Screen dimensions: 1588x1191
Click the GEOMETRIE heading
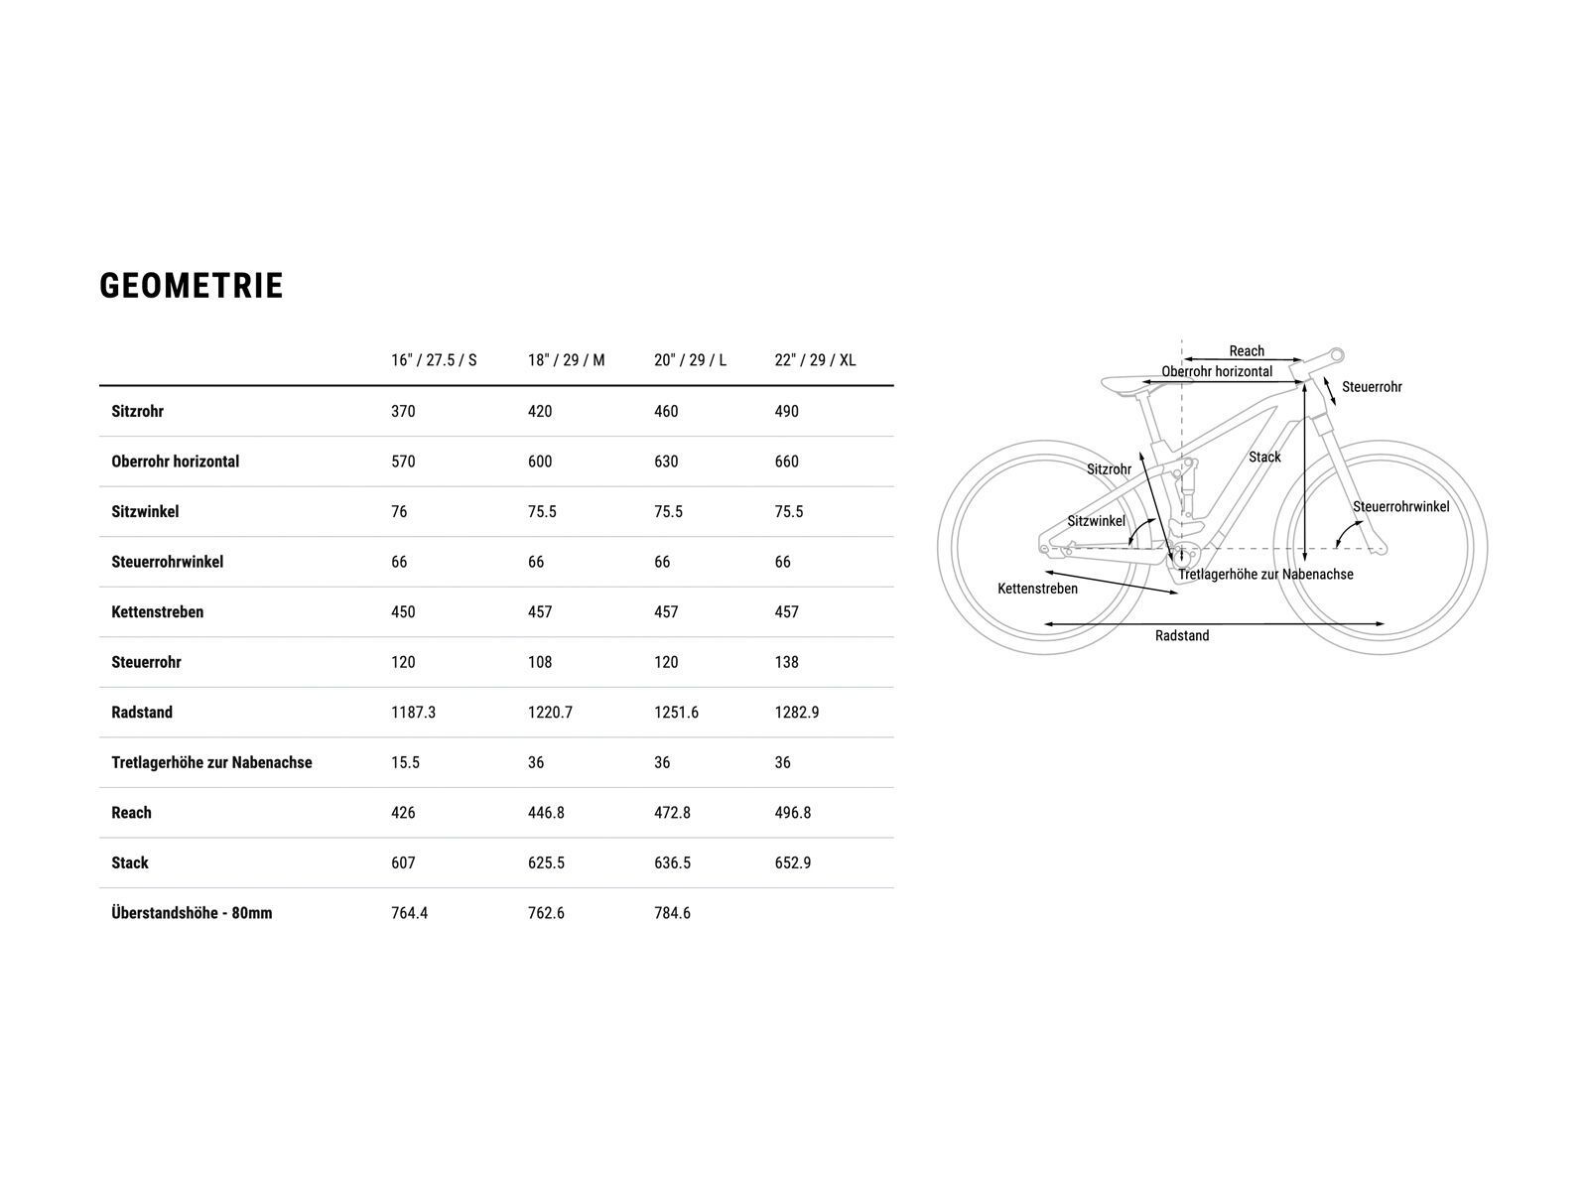tap(191, 286)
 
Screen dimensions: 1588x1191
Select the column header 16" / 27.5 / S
tap(434, 360)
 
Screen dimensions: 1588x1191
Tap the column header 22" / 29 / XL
tap(816, 360)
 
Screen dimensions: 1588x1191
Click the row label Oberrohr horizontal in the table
tap(175, 462)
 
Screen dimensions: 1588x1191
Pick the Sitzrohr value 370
tap(403, 412)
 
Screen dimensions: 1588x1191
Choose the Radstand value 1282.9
tap(797, 713)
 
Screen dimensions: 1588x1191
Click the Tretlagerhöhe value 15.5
tap(405, 762)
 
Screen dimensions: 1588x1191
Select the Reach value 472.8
tap(672, 813)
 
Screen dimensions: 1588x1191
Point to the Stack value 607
tap(403, 862)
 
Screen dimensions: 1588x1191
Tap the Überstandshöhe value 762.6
tap(546, 912)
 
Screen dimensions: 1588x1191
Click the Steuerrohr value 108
tap(540, 662)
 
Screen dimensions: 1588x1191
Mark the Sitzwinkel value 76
tap(399, 512)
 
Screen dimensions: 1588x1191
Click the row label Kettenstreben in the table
tap(157, 611)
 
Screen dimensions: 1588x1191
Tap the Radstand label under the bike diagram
tap(1182, 635)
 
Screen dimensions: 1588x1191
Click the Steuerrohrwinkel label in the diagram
tap(1401, 507)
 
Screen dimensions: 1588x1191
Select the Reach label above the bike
tap(1247, 350)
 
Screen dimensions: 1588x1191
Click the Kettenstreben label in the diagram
tap(1037, 589)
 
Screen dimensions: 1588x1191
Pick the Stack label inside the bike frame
tap(1264, 457)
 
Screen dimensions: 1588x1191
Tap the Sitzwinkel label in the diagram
tap(1096, 521)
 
